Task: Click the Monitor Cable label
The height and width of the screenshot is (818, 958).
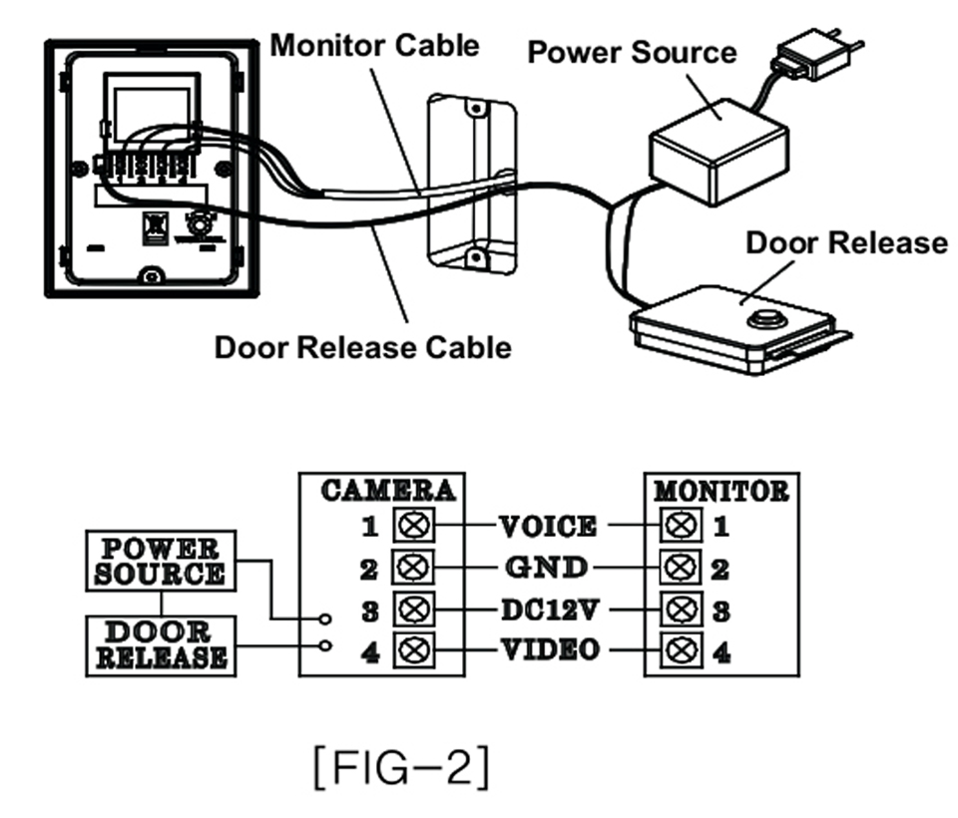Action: click(374, 45)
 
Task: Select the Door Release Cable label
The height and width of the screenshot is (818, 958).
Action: click(363, 346)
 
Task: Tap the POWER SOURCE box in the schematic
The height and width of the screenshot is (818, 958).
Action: click(160, 562)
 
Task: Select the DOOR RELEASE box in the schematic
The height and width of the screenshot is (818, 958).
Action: click(160, 645)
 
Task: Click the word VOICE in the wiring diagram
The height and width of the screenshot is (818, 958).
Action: click(548, 526)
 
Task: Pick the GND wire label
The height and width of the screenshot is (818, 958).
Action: click(546, 568)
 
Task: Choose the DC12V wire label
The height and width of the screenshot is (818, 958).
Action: click(548, 610)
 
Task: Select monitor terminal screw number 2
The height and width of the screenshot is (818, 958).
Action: click(683, 569)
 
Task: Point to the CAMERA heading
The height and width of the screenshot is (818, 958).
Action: click(389, 491)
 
